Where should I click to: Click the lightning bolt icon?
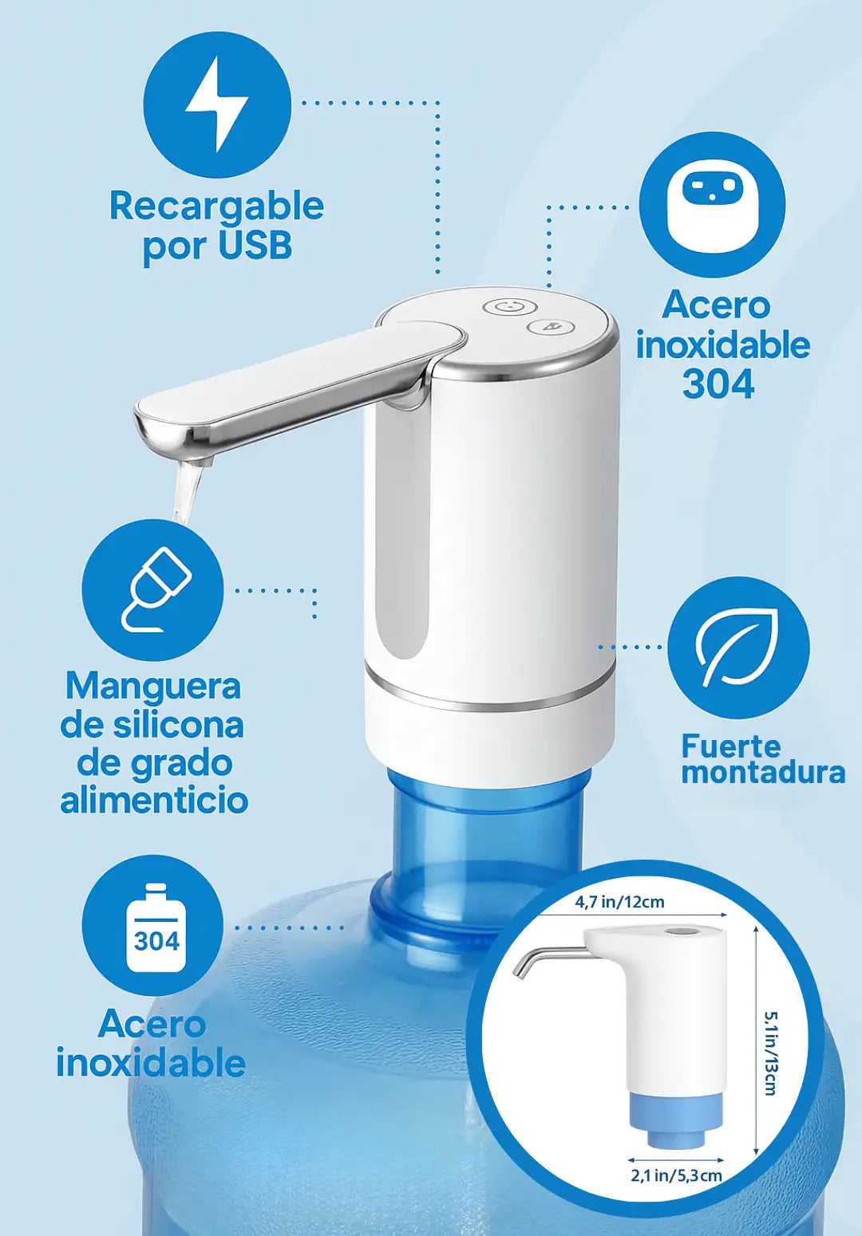[x=217, y=104]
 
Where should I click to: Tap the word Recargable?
[x=217, y=207]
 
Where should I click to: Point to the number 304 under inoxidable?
[x=718, y=384]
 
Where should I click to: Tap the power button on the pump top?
[x=508, y=307]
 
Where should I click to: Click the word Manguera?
[x=153, y=687]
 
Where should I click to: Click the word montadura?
[x=763, y=773]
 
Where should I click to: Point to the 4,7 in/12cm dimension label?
[x=619, y=902]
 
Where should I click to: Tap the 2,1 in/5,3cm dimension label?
[x=676, y=1171]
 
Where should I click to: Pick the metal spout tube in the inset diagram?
[x=547, y=959]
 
